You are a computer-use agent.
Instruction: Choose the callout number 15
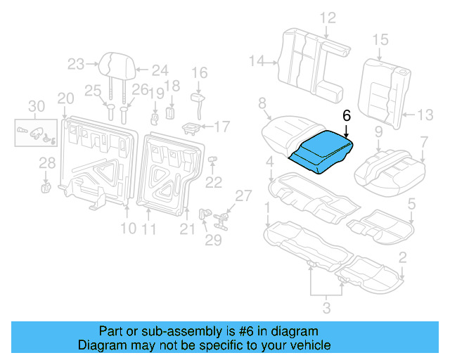[x=380, y=39]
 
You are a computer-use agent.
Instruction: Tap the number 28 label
[x=47, y=163]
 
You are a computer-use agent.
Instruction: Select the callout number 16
[x=200, y=72]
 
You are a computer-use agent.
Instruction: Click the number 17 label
[x=222, y=127]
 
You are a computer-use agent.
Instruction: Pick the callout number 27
[x=243, y=195]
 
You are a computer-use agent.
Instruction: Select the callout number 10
[x=127, y=228]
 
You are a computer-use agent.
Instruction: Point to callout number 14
[x=256, y=62]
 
